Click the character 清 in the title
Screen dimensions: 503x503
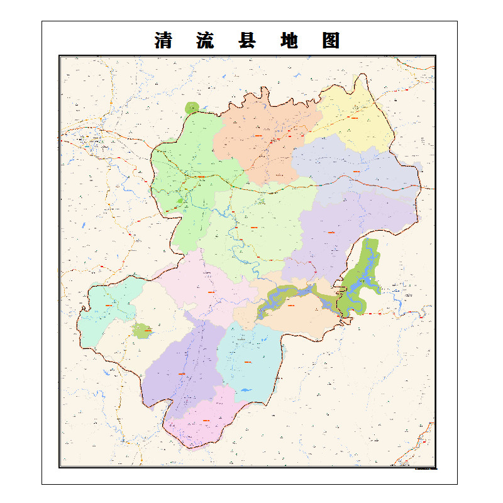(164, 40)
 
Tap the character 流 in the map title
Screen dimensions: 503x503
(206, 40)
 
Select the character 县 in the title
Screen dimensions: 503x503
(247, 40)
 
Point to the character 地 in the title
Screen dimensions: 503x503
(289, 40)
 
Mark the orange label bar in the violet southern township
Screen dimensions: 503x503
(182, 373)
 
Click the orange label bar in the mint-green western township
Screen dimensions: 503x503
(108, 306)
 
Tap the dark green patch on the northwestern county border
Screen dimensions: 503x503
(192, 108)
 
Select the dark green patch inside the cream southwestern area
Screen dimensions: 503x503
(143, 330)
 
